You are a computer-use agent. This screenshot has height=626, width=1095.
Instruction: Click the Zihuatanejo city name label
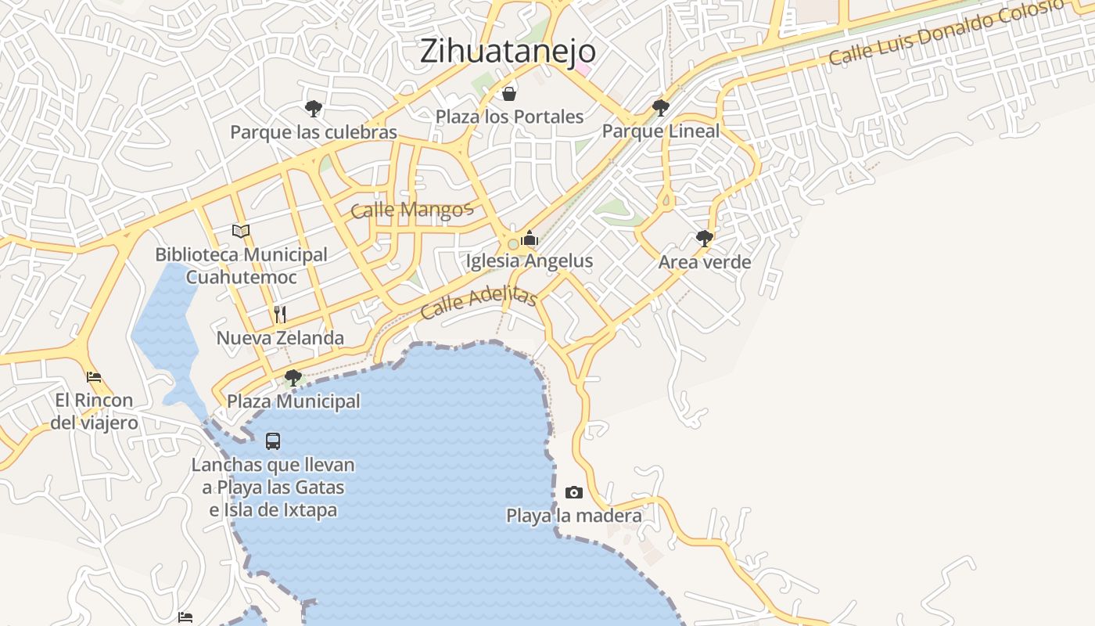(508, 52)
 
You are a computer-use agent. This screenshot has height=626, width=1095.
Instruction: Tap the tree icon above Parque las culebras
(314, 109)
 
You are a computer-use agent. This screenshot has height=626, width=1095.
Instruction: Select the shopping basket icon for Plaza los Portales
(509, 95)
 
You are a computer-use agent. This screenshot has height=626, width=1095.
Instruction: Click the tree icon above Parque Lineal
(661, 108)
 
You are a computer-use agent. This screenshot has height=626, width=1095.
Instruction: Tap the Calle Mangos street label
(411, 210)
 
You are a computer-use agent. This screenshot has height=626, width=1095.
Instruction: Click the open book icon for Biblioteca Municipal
(241, 231)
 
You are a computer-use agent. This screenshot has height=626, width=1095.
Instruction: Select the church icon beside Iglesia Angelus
(530, 238)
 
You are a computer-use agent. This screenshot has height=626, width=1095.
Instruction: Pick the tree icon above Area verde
(704, 239)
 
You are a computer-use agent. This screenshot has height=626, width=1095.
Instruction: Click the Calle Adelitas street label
(479, 304)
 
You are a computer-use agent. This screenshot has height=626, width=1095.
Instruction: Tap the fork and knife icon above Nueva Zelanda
(280, 315)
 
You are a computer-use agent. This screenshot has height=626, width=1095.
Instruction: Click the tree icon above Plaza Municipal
(293, 379)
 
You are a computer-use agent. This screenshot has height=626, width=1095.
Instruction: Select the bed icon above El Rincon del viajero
(94, 376)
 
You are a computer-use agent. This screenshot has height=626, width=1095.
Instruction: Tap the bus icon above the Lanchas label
(272, 441)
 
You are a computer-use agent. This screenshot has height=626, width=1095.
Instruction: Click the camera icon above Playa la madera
(574, 492)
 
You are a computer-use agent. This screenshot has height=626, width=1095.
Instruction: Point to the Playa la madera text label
(574, 516)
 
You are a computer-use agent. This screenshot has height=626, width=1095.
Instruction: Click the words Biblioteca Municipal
(241, 255)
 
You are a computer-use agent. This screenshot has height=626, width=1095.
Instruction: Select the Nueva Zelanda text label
(280, 338)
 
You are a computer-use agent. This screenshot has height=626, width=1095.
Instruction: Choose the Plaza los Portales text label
(509, 117)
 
